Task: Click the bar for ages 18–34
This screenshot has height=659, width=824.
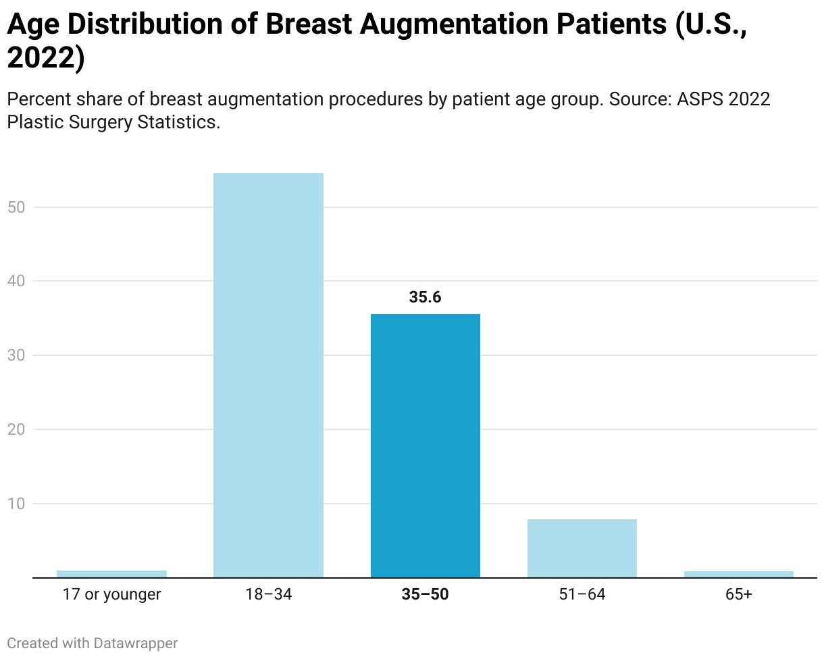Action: pyautogui.click(x=268, y=375)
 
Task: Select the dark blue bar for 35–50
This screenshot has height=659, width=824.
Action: pyautogui.click(x=425, y=446)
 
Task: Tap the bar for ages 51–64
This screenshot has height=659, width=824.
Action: pyautogui.click(x=582, y=548)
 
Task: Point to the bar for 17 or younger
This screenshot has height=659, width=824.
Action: pyautogui.click(x=111, y=574)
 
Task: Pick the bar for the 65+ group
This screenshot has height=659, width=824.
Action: pyautogui.click(x=738, y=574)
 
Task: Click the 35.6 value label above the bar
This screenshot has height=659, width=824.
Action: pyautogui.click(x=425, y=297)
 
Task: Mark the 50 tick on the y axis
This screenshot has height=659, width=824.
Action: pyautogui.click(x=16, y=207)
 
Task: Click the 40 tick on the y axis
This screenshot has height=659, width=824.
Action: pyautogui.click(x=16, y=281)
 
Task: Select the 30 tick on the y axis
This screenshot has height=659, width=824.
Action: pyautogui.click(x=16, y=355)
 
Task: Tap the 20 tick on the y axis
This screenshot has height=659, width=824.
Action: pyautogui.click(x=16, y=429)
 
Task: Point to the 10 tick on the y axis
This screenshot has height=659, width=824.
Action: pyautogui.click(x=16, y=504)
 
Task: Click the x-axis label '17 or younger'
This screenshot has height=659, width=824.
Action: pyautogui.click(x=111, y=595)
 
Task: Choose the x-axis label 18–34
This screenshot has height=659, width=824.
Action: pyautogui.click(x=268, y=595)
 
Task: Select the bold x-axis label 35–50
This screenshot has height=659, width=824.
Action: pyautogui.click(x=425, y=595)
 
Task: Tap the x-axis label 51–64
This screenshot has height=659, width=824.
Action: pyautogui.click(x=582, y=595)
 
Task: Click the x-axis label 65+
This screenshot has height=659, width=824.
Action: pyautogui.click(x=738, y=595)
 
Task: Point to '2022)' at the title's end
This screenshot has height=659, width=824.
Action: pyautogui.click(x=46, y=59)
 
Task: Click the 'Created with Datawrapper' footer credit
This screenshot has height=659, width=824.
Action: pyautogui.click(x=93, y=643)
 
